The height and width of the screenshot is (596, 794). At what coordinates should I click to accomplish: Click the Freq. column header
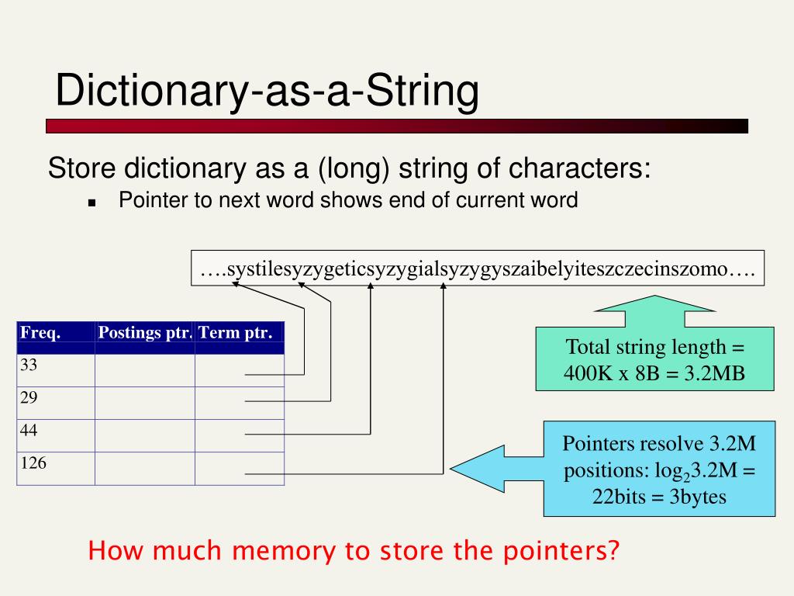(x=40, y=334)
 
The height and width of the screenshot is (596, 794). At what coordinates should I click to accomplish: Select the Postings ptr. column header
(x=145, y=334)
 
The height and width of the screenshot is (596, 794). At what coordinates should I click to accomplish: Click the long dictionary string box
(x=478, y=269)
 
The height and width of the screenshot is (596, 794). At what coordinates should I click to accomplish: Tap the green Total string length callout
(x=654, y=359)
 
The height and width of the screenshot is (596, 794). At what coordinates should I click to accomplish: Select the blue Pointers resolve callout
(x=659, y=469)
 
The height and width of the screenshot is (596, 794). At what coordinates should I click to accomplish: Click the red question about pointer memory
(x=354, y=551)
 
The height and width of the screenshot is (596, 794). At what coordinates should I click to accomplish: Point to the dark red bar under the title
(x=396, y=126)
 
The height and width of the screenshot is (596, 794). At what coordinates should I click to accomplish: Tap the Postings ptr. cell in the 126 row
(x=145, y=469)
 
